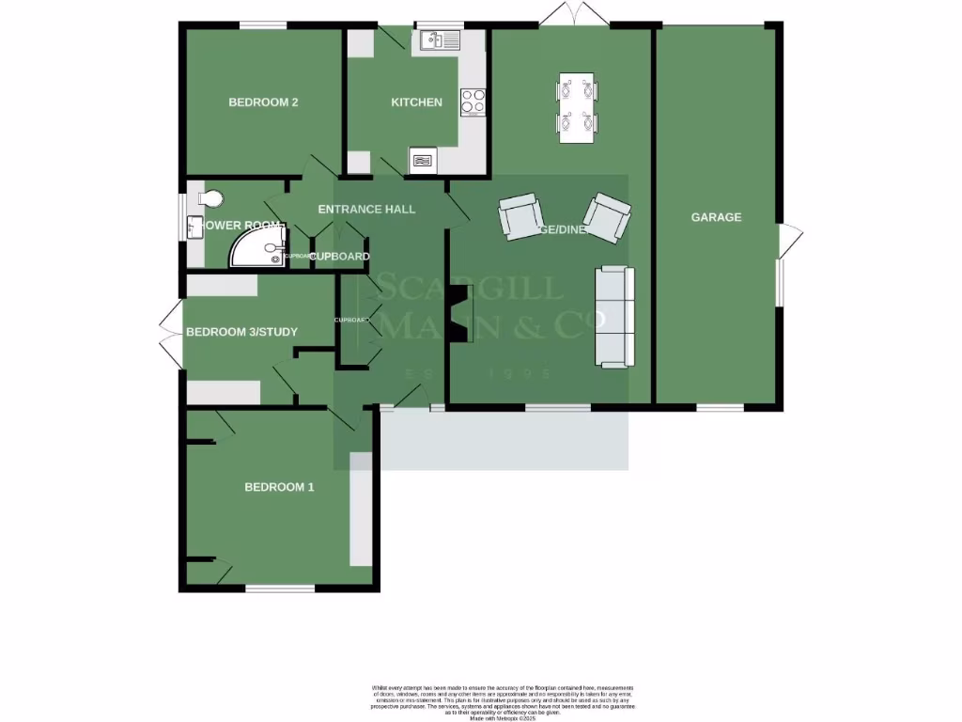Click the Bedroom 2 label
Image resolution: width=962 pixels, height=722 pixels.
(263, 102)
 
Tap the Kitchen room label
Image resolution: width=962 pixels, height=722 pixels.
(416, 102)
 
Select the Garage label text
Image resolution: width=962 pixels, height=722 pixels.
(716, 217)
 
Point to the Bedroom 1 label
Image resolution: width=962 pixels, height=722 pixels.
(279, 487)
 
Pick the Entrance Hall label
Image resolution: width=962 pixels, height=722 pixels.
(366, 209)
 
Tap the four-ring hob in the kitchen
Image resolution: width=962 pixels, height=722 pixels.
(473, 102)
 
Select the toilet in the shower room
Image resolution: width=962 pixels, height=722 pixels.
(210, 198)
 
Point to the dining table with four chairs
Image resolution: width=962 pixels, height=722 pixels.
(577, 107)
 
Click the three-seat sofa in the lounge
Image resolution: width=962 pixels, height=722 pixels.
(614, 317)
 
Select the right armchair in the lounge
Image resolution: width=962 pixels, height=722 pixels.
(607, 214)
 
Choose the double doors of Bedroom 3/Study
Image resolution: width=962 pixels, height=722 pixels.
(170, 337)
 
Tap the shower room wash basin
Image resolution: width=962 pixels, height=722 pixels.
(195, 228)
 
